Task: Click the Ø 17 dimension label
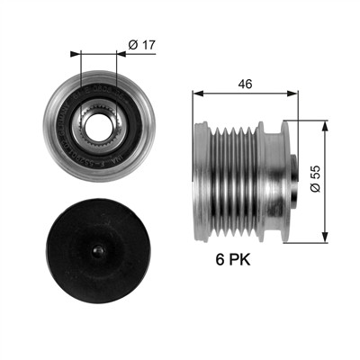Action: (x=142, y=45)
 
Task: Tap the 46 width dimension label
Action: (x=245, y=85)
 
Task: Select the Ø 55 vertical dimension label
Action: (x=316, y=179)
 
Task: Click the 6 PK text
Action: (x=233, y=259)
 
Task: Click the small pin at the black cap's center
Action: (x=98, y=251)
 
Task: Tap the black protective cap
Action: (x=98, y=251)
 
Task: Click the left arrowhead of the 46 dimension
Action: (x=198, y=94)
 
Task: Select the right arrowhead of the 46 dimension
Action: (x=292, y=94)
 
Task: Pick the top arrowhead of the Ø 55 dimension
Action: (x=325, y=127)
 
